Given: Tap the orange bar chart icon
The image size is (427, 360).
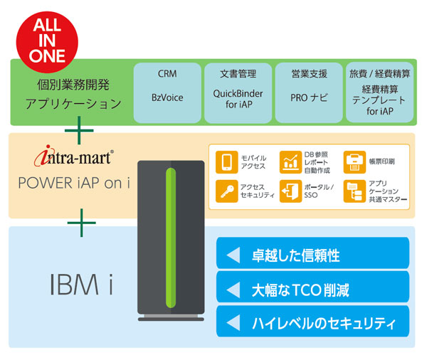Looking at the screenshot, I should [x=290, y=161].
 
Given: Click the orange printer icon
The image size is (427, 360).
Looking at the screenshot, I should [x=353, y=161].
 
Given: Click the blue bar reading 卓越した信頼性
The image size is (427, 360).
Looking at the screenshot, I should [x=312, y=253].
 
